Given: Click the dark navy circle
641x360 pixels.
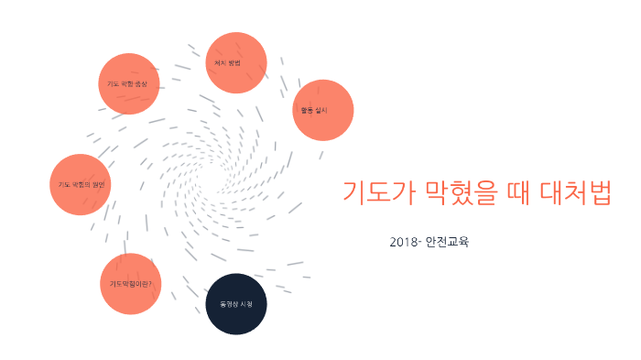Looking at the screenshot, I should [x=235, y=303].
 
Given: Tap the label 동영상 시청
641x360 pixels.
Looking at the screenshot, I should [x=235, y=303].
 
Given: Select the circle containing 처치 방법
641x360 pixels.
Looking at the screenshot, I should [x=236, y=63].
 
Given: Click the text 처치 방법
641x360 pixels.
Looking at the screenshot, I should [x=226, y=63].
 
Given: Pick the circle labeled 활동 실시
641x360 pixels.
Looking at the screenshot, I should [x=322, y=110].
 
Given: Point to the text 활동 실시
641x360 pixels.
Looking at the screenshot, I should [x=314, y=110].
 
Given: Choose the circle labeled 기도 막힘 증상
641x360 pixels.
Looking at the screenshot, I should [x=129, y=83].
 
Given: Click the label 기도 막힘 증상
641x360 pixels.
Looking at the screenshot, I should [x=127, y=83].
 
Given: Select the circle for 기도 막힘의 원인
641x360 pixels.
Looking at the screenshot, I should [x=81, y=184].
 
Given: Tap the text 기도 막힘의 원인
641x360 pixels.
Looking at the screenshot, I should [x=81, y=184].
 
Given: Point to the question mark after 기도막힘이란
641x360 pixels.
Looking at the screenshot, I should [x=149, y=284].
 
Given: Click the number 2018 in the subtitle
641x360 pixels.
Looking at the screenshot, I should [x=403, y=243].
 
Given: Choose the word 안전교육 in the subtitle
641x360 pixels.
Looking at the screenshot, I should [x=447, y=243].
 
